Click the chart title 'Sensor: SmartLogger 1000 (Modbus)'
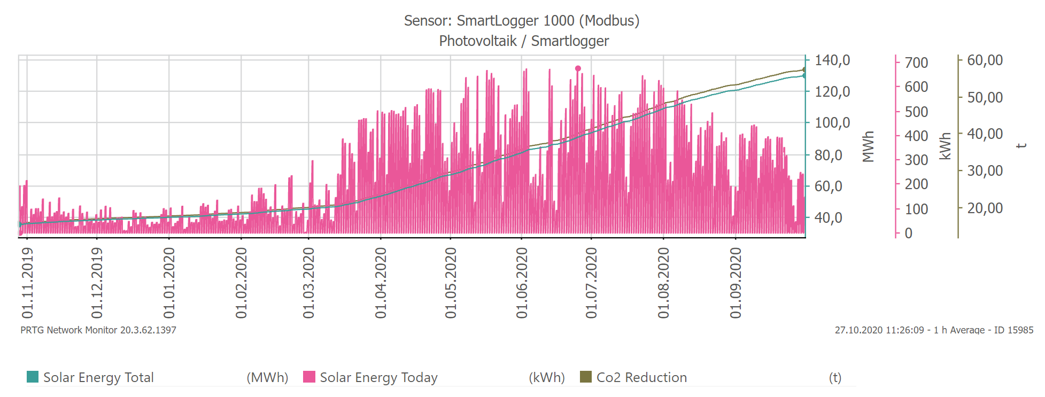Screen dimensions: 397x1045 [521, 21]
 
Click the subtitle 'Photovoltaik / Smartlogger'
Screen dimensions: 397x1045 [524, 41]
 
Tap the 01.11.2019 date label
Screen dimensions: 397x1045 [27, 283]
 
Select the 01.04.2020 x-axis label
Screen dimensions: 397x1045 [381, 283]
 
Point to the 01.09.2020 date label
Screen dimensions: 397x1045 [736, 283]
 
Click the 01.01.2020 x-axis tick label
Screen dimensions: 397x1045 [169, 283]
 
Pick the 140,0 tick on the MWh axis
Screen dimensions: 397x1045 [832, 60]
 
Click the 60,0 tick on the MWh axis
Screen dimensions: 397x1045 [828, 186]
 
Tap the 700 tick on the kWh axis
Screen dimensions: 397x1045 [916, 63]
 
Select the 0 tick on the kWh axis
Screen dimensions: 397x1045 [909, 233]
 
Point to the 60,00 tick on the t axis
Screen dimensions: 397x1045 [985, 60]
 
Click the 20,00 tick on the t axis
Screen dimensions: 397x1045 [985, 208]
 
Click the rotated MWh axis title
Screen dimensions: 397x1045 [868, 146]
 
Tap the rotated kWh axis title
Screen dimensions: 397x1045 [946, 146]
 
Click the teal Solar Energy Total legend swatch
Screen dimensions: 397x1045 [33, 377]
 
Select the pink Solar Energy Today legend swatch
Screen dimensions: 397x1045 [309, 377]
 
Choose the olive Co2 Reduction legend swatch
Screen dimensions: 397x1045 [586, 377]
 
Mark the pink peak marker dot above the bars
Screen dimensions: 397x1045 [578, 68]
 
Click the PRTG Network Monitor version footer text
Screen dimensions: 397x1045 [98, 330]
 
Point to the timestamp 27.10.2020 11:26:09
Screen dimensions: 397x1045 [879, 330]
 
